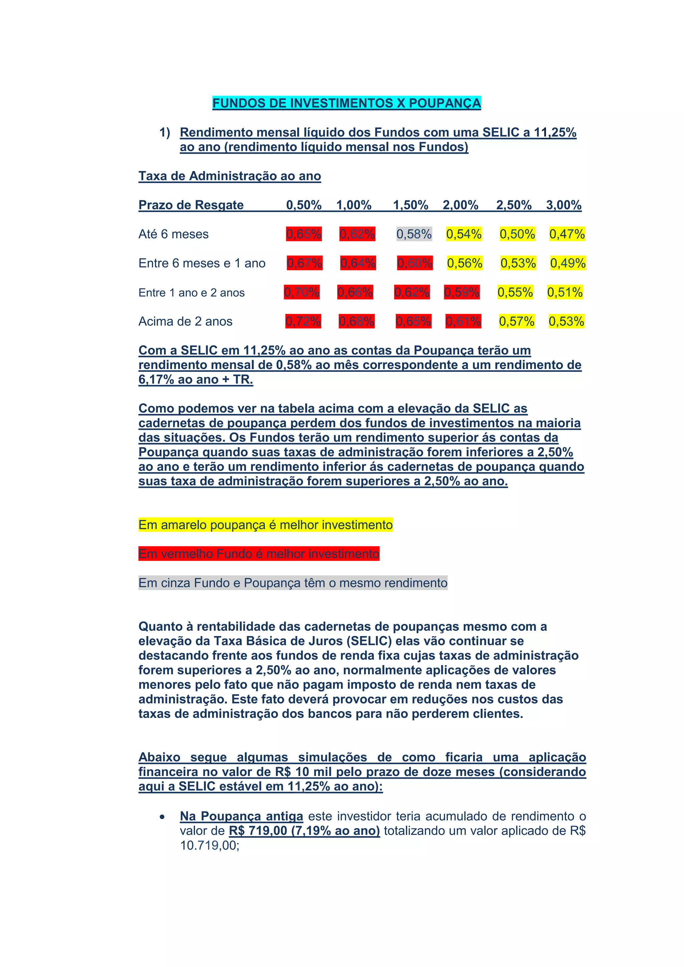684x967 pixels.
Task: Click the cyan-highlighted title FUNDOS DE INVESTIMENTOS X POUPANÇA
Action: [346, 103]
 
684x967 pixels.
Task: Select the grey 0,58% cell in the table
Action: [414, 234]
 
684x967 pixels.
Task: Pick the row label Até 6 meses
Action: [174, 234]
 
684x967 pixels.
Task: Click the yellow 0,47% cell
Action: [567, 234]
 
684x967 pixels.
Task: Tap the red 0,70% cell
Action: [302, 292]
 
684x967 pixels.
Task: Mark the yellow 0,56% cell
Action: [465, 263]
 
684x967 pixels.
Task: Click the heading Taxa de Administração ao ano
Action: [229, 176]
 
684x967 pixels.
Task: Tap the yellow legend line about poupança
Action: [265, 525]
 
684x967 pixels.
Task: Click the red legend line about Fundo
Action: [259, 554]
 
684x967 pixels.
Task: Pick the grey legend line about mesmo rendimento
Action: [293, 583]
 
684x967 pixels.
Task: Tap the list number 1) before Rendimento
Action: [165, 133]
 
